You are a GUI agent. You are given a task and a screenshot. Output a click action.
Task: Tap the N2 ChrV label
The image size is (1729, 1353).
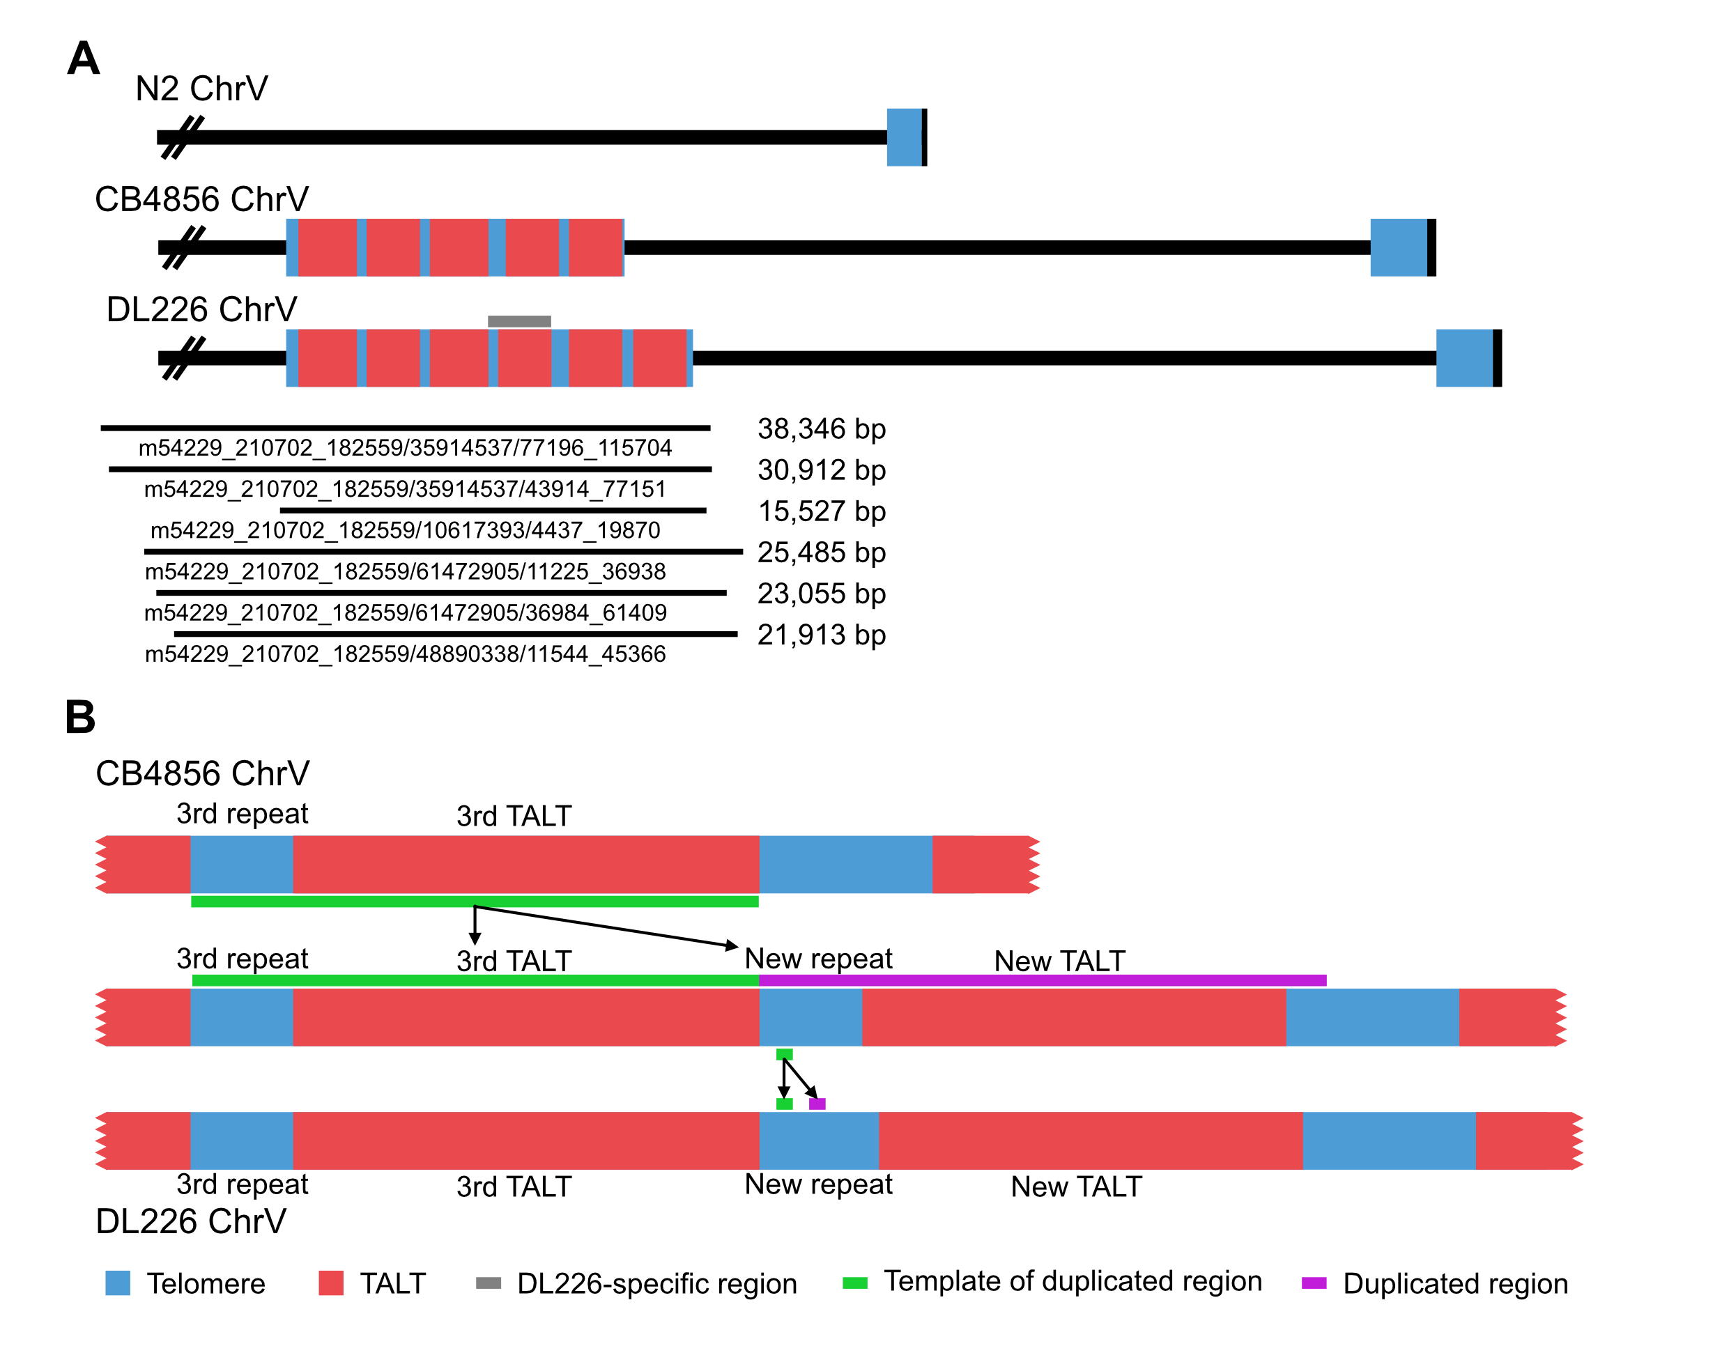pyautogui.click(x=201, y=88)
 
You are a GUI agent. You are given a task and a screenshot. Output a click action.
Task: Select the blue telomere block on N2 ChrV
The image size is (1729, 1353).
pyautogui.click(x=904, y=137)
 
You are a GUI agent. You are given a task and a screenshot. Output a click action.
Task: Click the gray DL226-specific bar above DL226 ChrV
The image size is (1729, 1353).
pyautogui.click(x=519, y=320)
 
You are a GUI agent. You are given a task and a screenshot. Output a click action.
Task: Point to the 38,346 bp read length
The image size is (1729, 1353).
pyautogui.click(x=822, y=428)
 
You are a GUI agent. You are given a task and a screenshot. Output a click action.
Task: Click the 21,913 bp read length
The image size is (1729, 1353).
pyautogui.click(x=822, y=635)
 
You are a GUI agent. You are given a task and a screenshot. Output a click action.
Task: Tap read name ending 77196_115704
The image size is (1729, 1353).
pyautogui.click(x=405, y=449)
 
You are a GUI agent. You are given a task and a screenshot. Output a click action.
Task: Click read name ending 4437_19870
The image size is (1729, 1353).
pyautogui.click(x=405, y=531)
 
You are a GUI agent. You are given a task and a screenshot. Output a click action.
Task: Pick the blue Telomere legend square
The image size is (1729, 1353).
pyautogui.click(x=117, y=1283)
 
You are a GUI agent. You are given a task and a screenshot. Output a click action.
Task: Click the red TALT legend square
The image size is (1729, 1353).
pyautogui.click(x=330, y=1283)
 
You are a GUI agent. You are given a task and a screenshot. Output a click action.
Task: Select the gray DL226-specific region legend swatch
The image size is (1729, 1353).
pyautogui.click(x=488, y=1283)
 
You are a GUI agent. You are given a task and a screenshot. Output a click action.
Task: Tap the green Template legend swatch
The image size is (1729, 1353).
pyautogui.click(x=855, y=1283)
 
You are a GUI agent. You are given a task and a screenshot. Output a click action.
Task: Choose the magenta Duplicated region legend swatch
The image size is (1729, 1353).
pyautogui.click(x=1314, y=1283)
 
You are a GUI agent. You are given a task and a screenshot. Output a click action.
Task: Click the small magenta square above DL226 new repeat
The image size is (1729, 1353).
pyautogui.click(x=817, y=1104)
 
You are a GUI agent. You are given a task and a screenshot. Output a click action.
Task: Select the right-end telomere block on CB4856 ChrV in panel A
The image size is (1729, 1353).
pyautogui.click(x=1399, y=247)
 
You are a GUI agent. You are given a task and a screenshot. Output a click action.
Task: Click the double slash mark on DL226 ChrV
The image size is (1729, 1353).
pyautogui.click(x=183, y=358)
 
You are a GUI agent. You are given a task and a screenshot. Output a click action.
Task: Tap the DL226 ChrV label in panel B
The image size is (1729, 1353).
pyautogui.click(x=190, y=1221)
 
